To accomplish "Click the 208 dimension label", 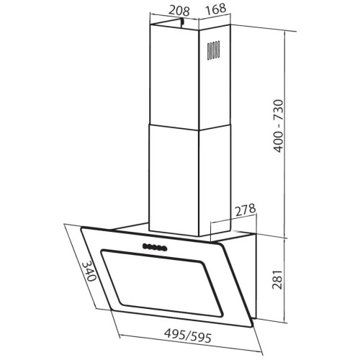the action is (x=179, y=11).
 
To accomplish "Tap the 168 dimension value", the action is (x=216, y=9).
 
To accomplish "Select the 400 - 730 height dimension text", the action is (x=279, y=126).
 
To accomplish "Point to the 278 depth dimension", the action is (x=245, y=210).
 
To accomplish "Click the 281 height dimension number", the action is (x=279, y=279).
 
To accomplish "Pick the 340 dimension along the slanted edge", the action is (x=89, y=271).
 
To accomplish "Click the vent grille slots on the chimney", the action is (x=213, y=50).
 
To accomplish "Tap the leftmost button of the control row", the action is (x=145, y=246).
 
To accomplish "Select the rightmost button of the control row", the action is (x=163, y=248).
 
